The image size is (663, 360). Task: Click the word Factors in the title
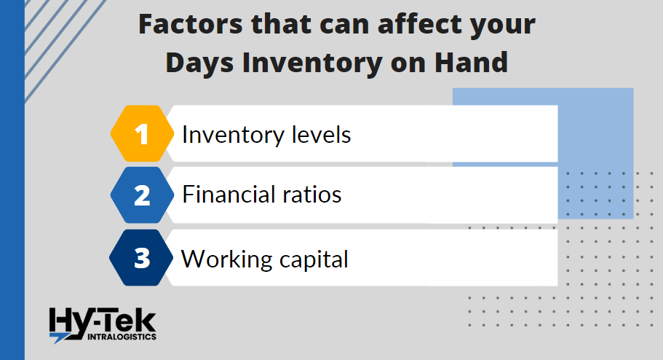point(191,24)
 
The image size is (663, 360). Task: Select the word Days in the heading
point(199,63)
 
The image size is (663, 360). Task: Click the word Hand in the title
point(471,62)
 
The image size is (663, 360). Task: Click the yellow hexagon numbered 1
point(142,133)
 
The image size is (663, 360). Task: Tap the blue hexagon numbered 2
point(142,195)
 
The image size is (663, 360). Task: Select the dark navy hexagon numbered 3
point(141,257)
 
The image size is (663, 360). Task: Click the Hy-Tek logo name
point(103,321)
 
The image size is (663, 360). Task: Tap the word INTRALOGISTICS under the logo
point(122,337)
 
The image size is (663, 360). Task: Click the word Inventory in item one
point(232,136)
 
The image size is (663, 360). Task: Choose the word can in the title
point(344,26)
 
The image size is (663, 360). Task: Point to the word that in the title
point(281,24)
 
